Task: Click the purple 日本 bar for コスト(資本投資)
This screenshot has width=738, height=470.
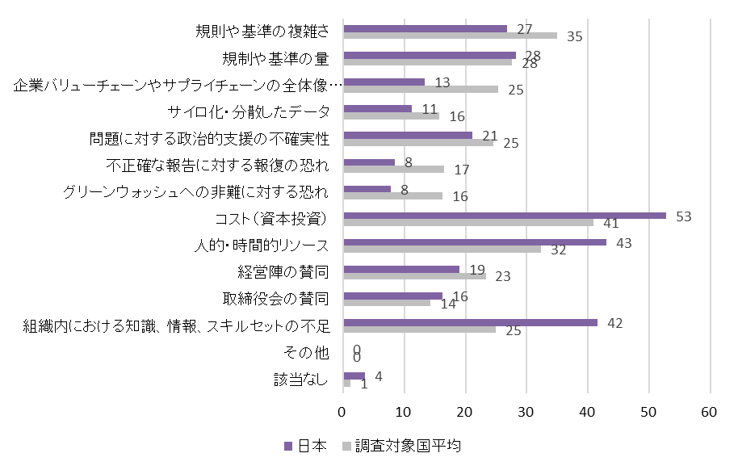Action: coord(505,216)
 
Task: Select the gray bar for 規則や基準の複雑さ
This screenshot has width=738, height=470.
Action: coord(450,36)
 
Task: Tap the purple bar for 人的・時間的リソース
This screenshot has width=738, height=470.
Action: coord(475,242)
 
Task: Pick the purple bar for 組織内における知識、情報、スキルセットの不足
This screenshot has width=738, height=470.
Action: coord(471,322)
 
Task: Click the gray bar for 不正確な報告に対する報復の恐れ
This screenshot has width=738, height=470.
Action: coord(394,169)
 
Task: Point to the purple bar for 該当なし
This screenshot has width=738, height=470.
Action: coord(354,376)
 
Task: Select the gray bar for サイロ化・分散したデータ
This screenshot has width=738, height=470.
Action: coord(392,115)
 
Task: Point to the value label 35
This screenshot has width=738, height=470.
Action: coord(574,36)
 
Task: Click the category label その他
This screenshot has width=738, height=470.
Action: coord(306,352)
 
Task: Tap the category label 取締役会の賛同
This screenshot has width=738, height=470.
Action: coord(276,299)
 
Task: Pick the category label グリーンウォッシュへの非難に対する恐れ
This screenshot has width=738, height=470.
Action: coord(195,192)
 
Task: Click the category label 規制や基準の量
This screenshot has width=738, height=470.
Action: coord(276,59)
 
